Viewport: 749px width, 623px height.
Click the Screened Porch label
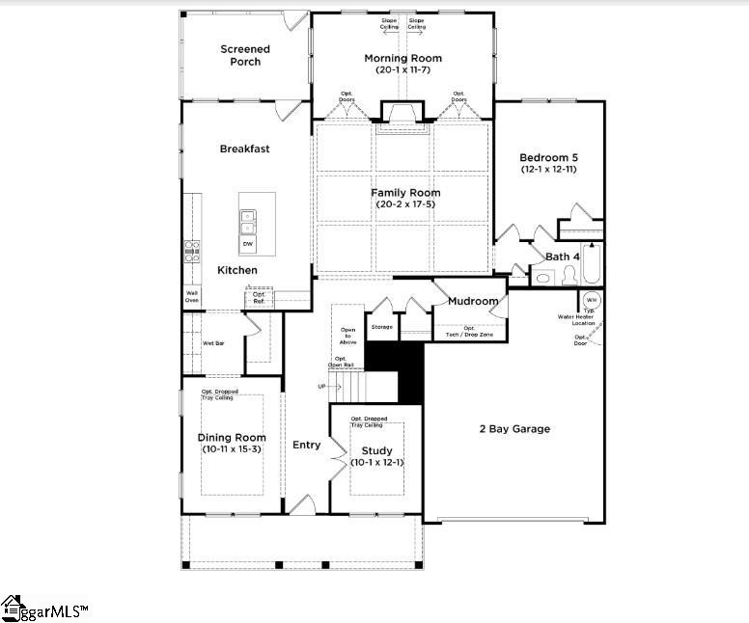[x=244, y=55]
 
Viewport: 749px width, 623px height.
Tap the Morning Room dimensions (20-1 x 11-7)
[x=402, y=70]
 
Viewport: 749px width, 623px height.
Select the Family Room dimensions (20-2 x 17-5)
[x=402, y=204]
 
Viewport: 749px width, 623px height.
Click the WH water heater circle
[x=592, y=300]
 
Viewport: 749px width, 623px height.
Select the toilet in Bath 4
[x=543, y=278]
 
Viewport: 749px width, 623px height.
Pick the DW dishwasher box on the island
[x=248, y=244]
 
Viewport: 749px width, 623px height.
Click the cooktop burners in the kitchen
[x=191, y=252]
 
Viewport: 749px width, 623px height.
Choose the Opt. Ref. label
[x=259, y=298]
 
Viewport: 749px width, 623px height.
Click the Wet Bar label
[x=213, y=342]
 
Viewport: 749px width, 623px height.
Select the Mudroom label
[x=472, y=301]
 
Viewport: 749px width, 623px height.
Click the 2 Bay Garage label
[x=514, y=428]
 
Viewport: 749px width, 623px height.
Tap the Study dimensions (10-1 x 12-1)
[x=375, y=463]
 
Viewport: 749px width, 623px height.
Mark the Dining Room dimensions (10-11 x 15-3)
[x=232, y=449]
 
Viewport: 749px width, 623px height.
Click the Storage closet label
[x=381, y=328]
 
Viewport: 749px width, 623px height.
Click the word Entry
[x=306, y=445]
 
